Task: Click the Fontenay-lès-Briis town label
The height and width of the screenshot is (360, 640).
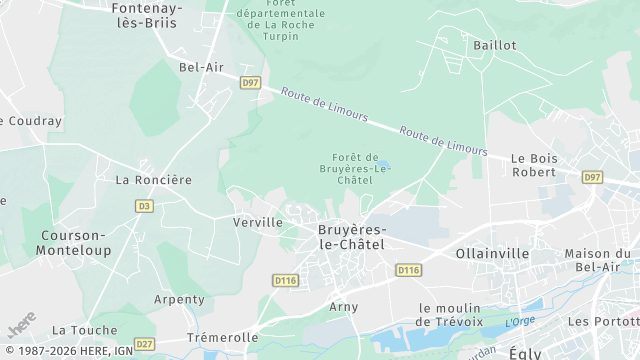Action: coord(145,14)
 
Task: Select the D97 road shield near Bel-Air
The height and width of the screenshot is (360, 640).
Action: coord(250,83)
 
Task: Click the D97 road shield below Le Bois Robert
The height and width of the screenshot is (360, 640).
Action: coord(592,177)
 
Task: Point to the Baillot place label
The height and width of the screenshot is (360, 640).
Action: coord(495,45)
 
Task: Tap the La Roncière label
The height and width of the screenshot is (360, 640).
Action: coord(153,180)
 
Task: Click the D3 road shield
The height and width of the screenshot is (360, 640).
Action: coord(144,206)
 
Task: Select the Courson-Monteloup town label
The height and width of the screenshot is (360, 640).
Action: coord(73,243)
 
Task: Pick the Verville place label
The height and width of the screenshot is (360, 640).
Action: coord(257,222)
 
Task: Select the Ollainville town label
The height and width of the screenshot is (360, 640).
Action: coord(492,254)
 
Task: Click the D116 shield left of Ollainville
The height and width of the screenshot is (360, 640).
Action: coord(408,270)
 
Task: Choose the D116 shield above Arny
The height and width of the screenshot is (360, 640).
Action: coord(286,281)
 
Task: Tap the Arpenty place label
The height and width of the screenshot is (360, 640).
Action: coord(179,299)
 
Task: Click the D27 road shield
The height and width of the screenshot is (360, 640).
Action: coord(144,344)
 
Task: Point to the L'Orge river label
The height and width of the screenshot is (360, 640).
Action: coord(520,321)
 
